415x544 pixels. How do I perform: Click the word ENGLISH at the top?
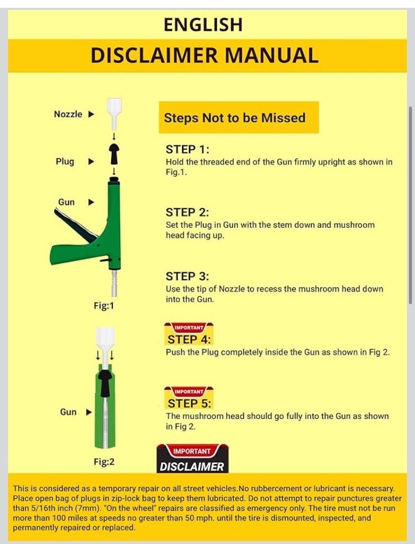pyautogui.click(x=203, y=25)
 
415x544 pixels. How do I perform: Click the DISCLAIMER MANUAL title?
pyautogui.click(x=204, y=56)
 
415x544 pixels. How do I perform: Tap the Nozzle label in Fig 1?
pyautogui.click(x=68, y=114)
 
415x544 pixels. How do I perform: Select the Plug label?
pyautogui.click(x=65, y=162)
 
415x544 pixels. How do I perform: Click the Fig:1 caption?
pyautogui.click(x=103, y=306)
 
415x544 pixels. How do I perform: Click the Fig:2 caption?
pyautogui.click(x=104, y=462)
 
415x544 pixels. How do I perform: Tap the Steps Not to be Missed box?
pyautogui.click(x=239, y=118)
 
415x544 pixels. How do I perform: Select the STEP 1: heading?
pyautogui.click(x=188, y=150)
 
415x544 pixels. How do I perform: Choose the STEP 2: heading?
pyautogui.click(x=188, y=213)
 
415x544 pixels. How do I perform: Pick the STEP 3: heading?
pyautogui.click(x=188, y=276)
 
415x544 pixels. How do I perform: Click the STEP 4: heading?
pyautogui.click(x=189, y=339)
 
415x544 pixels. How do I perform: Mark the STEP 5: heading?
pyautogui.click(x=189, y=403)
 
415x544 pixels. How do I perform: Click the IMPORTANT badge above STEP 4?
pyautogui.click(x=189, y=328)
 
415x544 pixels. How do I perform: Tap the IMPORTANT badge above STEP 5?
pyautogui.click(x=189, y=391)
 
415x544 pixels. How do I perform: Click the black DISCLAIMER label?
pyautogui.click(x=192, y=467)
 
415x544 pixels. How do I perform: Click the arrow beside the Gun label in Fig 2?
pyautogui.click(x=89, y=412)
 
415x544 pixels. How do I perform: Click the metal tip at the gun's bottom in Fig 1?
pyautogui.click(x=114, y=283)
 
